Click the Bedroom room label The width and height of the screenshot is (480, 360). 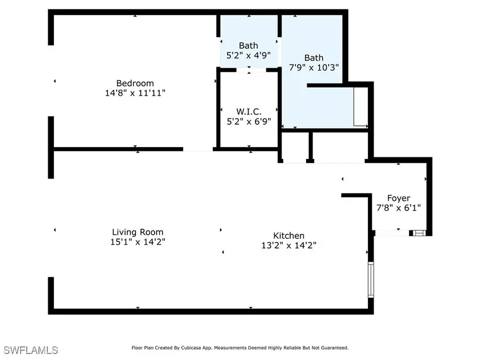[x=135, y=83]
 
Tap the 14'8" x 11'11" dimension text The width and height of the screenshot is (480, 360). [x=135, y=93]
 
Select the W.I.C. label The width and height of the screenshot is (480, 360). [x=249, y=111]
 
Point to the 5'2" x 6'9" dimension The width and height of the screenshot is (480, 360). [x=249, y=121]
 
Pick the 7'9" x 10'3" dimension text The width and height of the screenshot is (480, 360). [x=314, y=67]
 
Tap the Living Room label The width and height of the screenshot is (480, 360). [x=138, y=232]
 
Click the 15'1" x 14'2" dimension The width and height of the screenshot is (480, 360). [x=138, y=242]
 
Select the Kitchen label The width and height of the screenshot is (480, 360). [x=289, y=236]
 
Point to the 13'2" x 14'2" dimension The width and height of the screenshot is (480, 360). [x=289, y=245]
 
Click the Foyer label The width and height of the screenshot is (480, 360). [x=398, y=198]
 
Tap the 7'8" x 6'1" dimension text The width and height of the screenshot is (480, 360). [x=398, y=208]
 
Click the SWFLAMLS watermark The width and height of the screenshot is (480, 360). [x=30, y=350]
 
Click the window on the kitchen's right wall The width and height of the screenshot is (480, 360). [x=371, y=279]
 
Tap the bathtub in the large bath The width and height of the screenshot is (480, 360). [x=361, y=107]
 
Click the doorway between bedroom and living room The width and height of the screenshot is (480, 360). [x=198, y=150]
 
